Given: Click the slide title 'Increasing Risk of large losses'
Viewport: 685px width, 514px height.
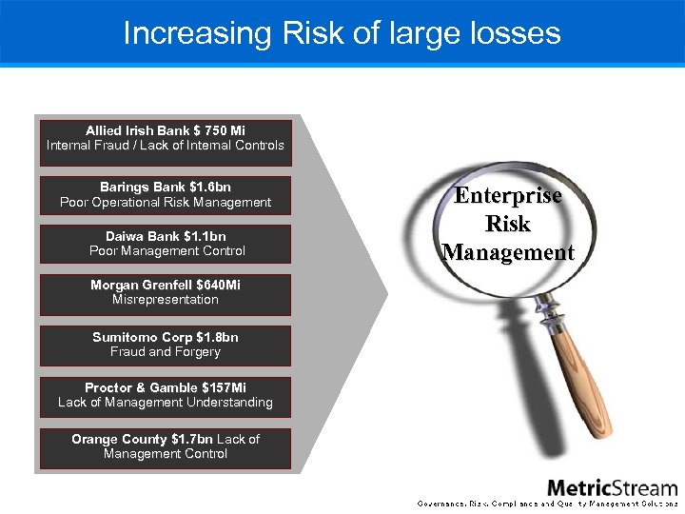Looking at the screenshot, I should (342, 33).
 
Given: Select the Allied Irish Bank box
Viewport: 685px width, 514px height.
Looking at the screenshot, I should (166, 139).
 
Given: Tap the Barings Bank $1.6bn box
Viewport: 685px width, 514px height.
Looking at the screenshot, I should (166, 195).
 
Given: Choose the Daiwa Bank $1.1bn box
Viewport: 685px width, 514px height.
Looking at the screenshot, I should (166, 244).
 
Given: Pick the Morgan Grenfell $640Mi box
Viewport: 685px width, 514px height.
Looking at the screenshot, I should (166, 292).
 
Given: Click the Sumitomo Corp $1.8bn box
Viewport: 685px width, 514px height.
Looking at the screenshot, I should (166, 345).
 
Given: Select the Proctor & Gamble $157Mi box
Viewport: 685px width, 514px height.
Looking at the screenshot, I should (166, 395).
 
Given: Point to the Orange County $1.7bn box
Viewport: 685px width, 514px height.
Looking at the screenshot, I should (166, 446).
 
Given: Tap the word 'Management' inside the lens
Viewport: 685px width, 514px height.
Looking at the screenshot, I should (508, 253).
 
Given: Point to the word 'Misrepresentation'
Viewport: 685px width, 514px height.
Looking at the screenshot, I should (166, 300).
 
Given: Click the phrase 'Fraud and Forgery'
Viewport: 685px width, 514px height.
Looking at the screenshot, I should (166, 352).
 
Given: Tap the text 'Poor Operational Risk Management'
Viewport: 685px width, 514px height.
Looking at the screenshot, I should (166, 203).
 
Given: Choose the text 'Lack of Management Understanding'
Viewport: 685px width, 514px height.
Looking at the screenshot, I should (166, 403).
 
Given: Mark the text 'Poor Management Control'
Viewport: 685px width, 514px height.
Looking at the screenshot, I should (167, 251).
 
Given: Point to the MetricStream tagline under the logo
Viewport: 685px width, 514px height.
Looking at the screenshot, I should (548, 503).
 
